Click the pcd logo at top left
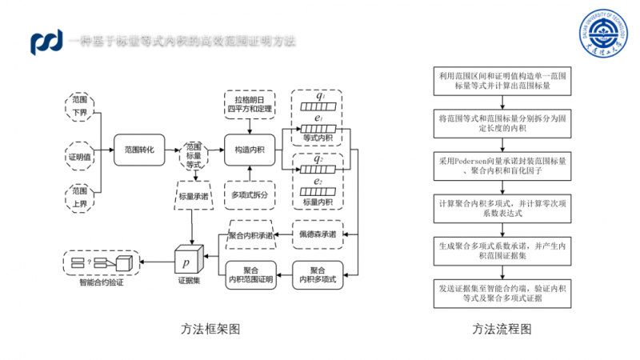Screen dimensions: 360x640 [46, 42]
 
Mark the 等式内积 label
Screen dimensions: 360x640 [318, 138]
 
